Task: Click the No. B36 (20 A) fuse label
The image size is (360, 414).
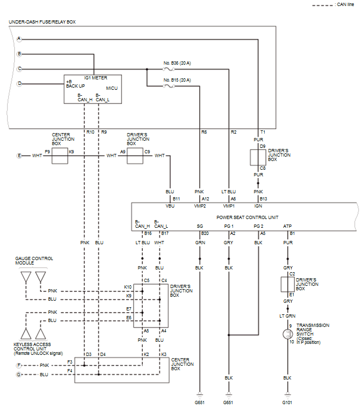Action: pyautogui.click(x=177, y=63)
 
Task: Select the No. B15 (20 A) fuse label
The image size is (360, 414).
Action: pyautogui.click(x=177, y=80)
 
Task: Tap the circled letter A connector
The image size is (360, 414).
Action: pyautogui.click(x=19, y=39)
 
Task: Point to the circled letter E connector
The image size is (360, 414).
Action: pyautogui.click(x=19, y=156)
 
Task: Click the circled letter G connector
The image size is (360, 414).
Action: pyautogui.click(x=19, y=375)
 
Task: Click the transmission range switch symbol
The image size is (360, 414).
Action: pyautogui.click(x=287, y=334)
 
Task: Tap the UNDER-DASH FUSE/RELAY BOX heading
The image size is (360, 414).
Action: pyautogui.click(x=42, y=22)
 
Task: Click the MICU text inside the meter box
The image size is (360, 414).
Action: pyautogui.click(x=112, y=88)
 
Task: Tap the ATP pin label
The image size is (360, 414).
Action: pyautogui.click(x=287, y=226)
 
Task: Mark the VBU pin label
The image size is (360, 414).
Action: pyautogui.click(x=170, y=206)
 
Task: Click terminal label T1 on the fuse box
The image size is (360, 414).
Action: pyautogui.click(x=263, y=133)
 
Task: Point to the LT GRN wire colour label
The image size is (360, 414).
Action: pyautogui.click(x=287, y=316)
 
